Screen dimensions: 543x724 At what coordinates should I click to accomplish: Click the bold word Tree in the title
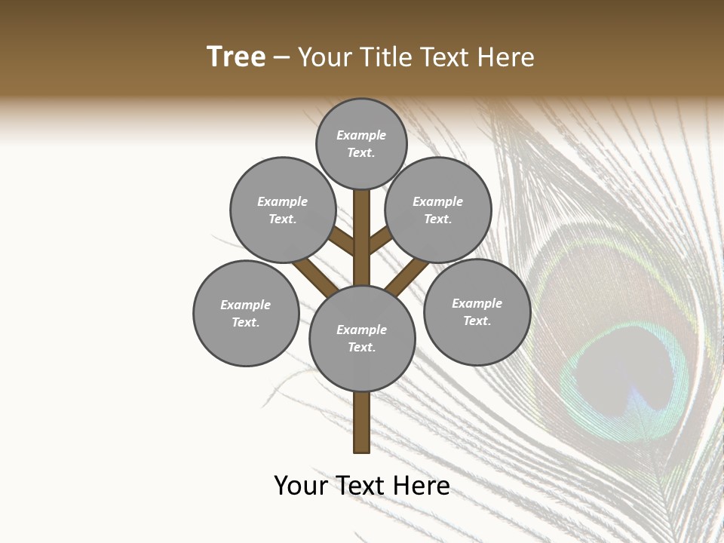coord(236,57)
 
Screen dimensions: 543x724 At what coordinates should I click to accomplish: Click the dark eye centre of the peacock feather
coord(630,373)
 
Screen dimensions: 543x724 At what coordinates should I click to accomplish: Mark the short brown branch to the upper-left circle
coord(342,241)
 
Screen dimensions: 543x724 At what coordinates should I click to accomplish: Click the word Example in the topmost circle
coord(361,135)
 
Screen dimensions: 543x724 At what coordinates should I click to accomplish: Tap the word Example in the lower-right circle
coord(477,303)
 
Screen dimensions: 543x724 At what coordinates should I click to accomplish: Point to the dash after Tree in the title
coord(281,58)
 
